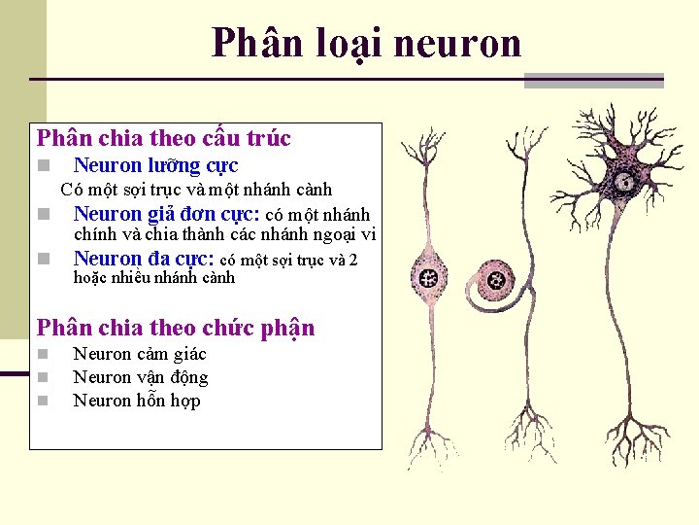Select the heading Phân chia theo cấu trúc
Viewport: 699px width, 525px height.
[163, 139]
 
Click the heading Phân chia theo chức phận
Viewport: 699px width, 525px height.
[176, 328]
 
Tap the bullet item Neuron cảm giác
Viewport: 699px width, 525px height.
[140, 354]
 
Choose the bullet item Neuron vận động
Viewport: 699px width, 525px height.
[141, 377]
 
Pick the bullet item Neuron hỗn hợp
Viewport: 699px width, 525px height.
[137, 401]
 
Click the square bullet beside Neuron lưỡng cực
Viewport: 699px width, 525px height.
[43, 166]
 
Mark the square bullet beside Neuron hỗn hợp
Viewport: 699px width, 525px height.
[43, 402]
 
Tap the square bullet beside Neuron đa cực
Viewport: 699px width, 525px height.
[43, 260]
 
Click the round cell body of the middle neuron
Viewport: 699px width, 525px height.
[497, 283]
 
